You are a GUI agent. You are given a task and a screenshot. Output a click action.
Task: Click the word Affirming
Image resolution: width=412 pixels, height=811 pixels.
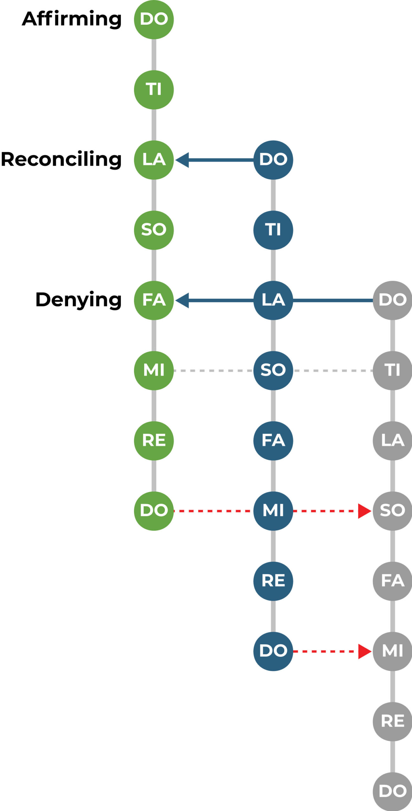72,19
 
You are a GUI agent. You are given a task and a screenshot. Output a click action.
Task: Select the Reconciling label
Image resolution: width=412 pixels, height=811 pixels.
61,159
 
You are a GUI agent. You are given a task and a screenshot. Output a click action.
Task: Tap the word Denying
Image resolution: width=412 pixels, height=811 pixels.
78,300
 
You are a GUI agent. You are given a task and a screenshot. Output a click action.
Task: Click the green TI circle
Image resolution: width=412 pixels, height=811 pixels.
154,90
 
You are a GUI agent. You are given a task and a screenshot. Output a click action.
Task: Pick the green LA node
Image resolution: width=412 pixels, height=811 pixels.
154,160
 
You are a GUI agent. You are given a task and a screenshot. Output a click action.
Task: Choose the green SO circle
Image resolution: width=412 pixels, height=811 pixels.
154,230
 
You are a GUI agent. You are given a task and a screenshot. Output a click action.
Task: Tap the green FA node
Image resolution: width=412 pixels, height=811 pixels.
154,300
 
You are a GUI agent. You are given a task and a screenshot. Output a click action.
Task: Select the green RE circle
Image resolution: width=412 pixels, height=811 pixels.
154,441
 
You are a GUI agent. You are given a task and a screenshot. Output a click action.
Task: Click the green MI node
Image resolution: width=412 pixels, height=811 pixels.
154,370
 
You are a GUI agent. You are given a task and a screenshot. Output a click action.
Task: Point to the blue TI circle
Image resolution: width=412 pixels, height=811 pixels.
273,230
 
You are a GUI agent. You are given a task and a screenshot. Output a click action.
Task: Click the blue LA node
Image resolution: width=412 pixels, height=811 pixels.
273,300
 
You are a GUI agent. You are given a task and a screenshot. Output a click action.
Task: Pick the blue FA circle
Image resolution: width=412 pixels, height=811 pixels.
273,441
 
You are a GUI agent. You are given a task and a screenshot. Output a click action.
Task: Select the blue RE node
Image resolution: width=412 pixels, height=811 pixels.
273,581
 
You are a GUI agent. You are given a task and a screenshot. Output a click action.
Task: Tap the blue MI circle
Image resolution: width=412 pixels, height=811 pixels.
273,511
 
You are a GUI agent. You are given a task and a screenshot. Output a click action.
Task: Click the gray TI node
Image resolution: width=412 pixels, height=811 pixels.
392,370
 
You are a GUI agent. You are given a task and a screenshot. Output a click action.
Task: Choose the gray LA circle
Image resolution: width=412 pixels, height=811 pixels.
392,441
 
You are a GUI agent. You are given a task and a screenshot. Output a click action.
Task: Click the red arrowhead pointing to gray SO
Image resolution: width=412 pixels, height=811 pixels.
364,511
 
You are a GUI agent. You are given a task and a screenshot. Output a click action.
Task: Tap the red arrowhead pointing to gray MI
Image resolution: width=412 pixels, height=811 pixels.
364,651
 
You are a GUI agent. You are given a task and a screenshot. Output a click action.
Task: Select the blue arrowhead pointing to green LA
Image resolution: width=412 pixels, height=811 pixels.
183,160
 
